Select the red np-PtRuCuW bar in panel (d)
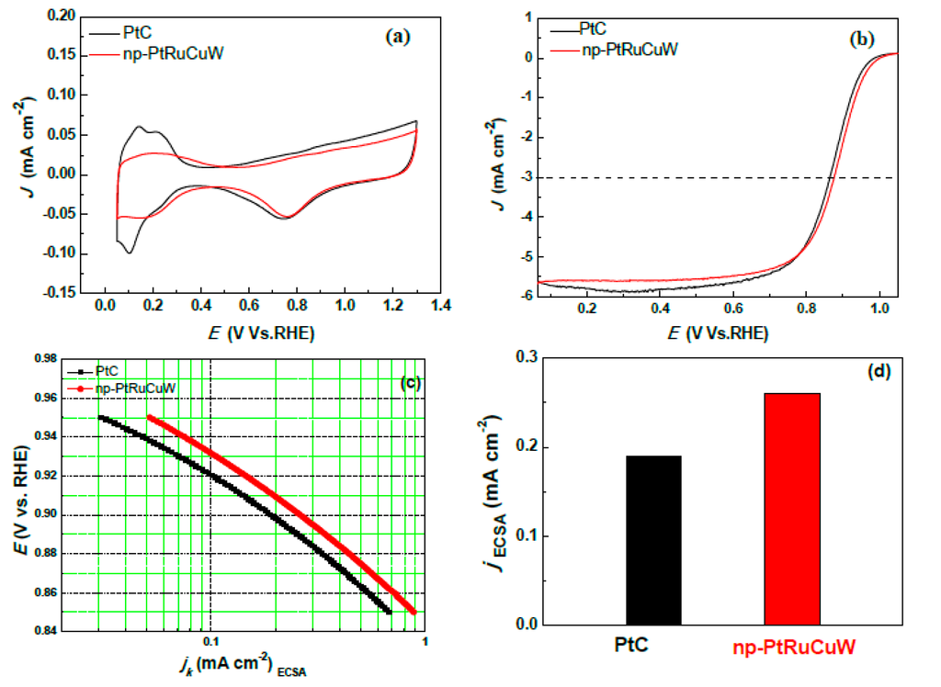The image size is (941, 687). pyautogui.click(x=792, y=509)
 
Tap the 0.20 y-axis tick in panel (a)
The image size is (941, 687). pyautogui.click(x=62, y=17)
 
